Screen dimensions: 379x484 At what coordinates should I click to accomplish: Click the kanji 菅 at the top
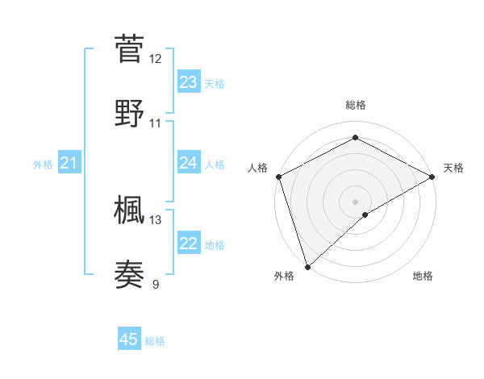(129, 48)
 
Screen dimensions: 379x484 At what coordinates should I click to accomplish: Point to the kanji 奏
(129, 274)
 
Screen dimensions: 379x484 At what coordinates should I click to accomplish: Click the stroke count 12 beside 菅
(156, 58)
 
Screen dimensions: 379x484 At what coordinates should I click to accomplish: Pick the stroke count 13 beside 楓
(156, 219)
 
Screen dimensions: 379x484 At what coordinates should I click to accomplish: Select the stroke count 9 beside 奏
(156, 283)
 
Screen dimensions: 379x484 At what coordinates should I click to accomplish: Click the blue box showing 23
(188, 82)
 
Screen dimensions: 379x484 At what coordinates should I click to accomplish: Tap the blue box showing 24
(188, 163)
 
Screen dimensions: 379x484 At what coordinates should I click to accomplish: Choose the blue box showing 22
(188, 244)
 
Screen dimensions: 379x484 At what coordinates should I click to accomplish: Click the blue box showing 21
(69, 164)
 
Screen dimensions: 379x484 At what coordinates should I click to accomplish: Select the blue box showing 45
(129, 339)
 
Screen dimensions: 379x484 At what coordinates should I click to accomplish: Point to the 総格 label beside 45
(155, 341)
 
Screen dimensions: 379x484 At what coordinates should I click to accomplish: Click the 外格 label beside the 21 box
(43, 165)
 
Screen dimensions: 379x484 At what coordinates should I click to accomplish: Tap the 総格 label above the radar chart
(355, 105)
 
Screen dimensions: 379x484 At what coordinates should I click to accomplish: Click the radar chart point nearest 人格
(278, 177)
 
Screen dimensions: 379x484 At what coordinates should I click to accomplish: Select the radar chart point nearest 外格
(307, 266)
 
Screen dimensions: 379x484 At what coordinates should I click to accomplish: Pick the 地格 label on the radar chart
(423, 277)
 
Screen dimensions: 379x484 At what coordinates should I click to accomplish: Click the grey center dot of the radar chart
(355, 201)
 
